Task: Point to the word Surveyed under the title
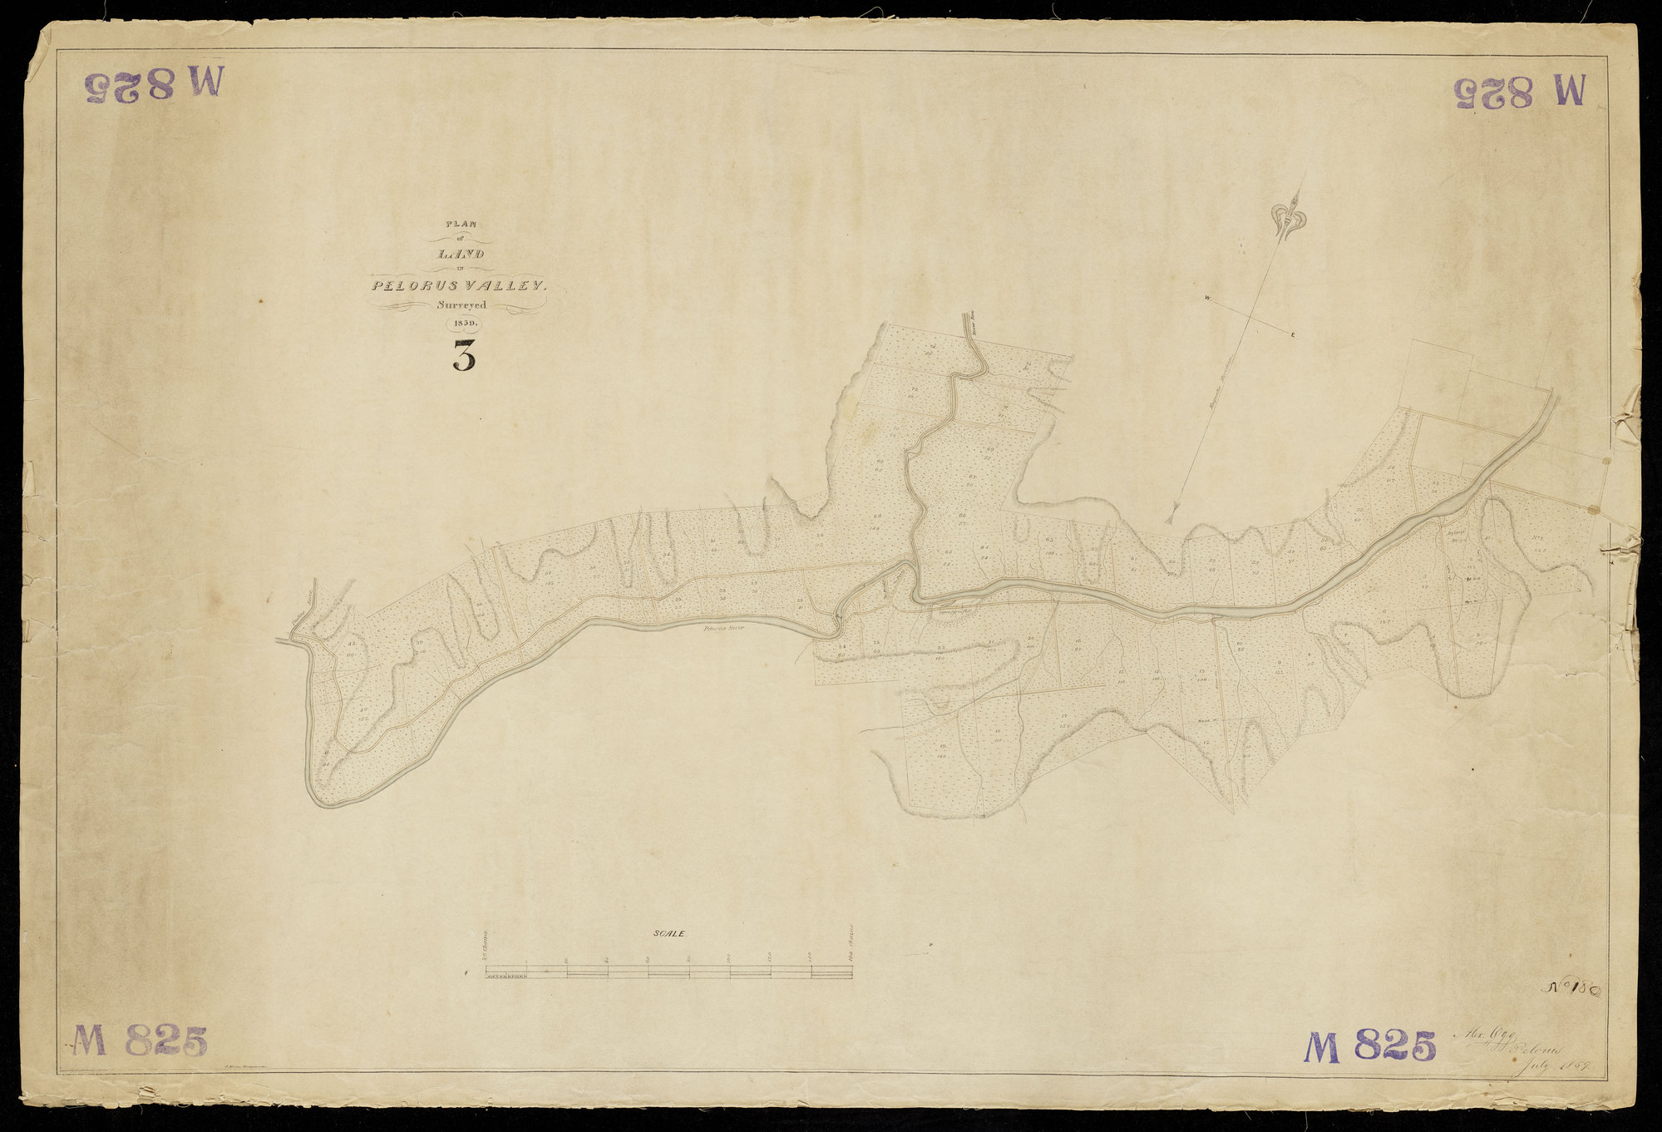pyautogui.click(x=461, y=305)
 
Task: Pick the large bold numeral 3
pyautogui.click(x=464, y=357)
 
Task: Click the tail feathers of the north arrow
pyautogui.click(x=1172, y=512)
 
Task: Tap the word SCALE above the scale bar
pyautogui.click(x=668, y=934)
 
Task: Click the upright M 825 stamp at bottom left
pyautogui.click(x=139, y=1041)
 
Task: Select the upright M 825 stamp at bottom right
pyautogui.click(x=1369, y=1045)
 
